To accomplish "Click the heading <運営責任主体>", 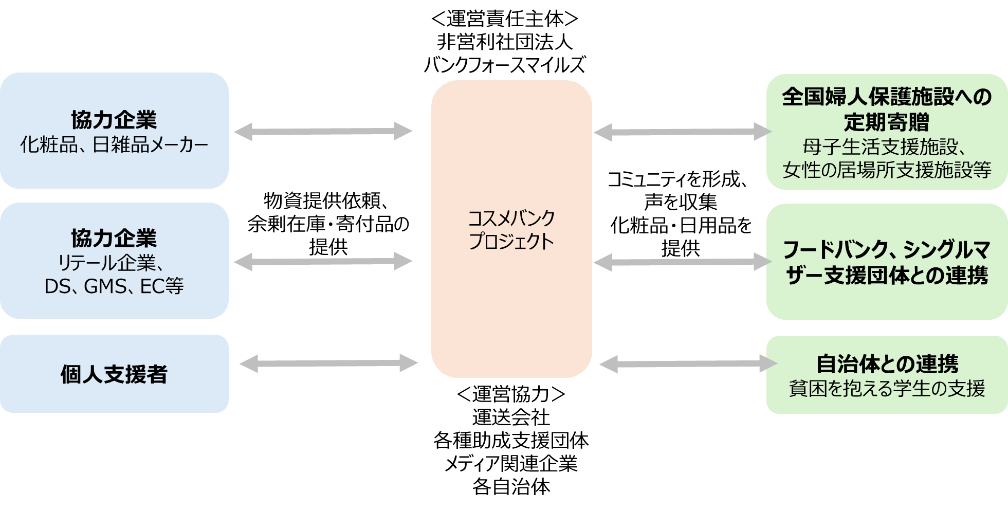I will tap(504, 20).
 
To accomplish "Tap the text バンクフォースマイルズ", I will tap(504, 65).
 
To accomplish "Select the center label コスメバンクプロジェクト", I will tap(511, 230).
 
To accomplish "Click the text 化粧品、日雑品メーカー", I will tap(114, 145).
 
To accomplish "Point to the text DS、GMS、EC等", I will tap(114, 286).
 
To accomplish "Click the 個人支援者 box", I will tap(114, 374).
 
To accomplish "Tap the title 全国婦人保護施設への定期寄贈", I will tap(887, 109).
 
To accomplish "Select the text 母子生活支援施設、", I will tap(884, 147).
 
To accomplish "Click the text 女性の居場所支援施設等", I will tap(887, 170).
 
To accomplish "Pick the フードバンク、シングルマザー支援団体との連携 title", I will tap(887, 262).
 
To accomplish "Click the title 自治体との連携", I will tap(887, 364).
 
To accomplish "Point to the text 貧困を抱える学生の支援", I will tap(887, 388).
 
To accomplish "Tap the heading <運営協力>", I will tap(511, 394).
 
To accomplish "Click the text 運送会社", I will tap(511, 417).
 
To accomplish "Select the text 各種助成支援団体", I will tap(511, 441).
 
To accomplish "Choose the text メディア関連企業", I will tap(511, 464).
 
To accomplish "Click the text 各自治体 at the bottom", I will tap(511, 486).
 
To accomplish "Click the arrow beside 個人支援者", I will tap(328, 363).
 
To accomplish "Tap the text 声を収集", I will tap(680, 202).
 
